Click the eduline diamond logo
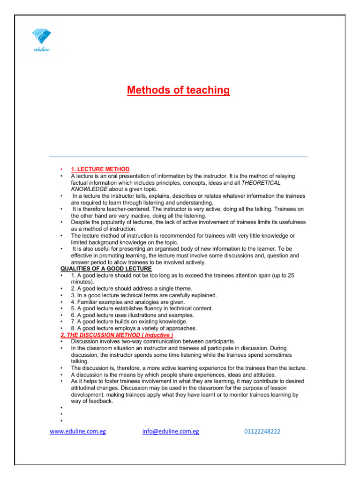pos(41,36)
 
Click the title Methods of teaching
pos(178,90)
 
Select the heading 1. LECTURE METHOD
pos(100,169)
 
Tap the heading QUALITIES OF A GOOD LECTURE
pos(106,269)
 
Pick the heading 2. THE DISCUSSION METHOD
pos(117,335)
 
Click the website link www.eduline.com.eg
pos(78,431)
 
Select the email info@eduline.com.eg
pos(171,431)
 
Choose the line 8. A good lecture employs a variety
pos(134,328)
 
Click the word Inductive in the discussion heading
pos(156,335)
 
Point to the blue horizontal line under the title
pos(178,157)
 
